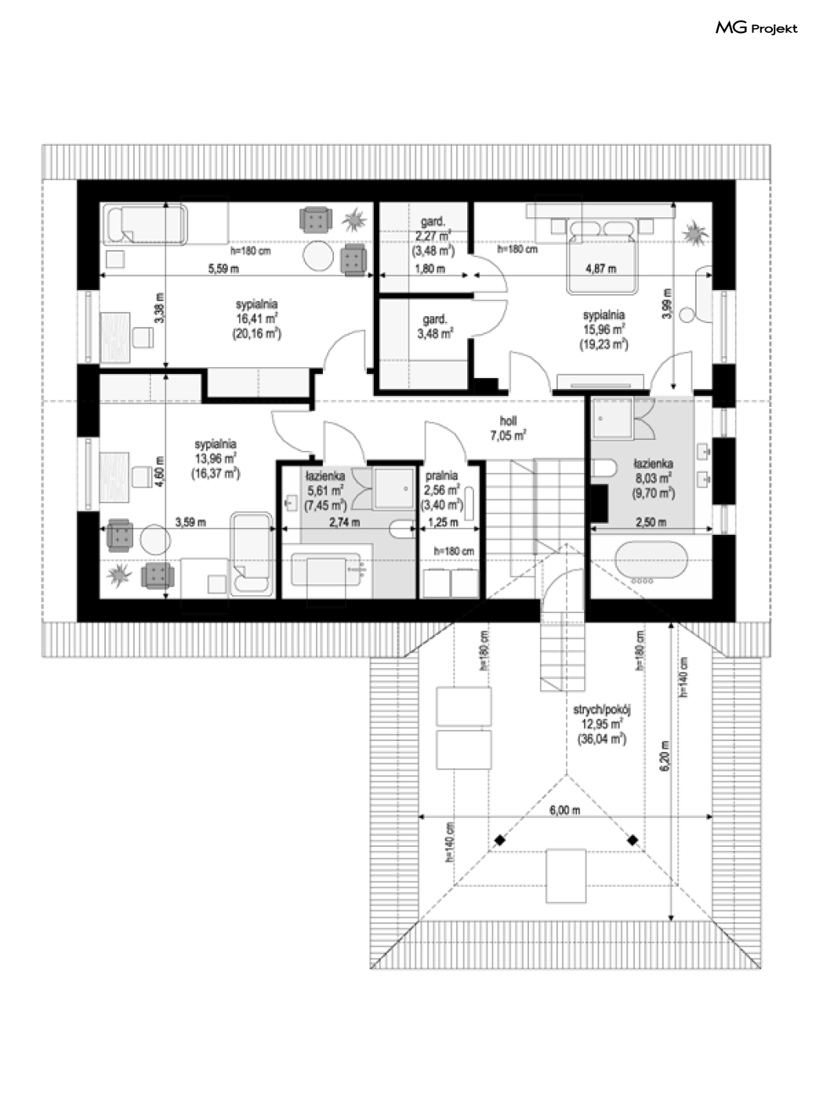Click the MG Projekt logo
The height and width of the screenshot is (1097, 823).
pyautogui.click(x=756, y=28)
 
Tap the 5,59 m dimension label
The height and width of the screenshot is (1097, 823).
pyautogui.click(x=223, y=269)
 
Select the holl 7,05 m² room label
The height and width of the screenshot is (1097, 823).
pyautogui.click(x=508, y=428)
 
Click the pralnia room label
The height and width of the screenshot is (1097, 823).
pyautogui.click(x=441, y=476)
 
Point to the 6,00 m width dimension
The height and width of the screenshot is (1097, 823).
pyautogui.click(x=565, y=810)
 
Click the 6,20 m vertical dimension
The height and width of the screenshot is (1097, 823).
pyautogui.click(x=664, y=755)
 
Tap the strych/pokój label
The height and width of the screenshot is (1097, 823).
pyautogui.click(x=602, y=710)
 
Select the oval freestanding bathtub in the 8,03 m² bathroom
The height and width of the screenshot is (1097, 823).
pyautogui.click(x=651, y=561)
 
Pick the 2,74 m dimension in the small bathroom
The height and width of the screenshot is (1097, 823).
pyautogui.click(x=344, y=523)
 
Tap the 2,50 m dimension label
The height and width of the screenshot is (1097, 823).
pyautogui.click(x=651, y=523)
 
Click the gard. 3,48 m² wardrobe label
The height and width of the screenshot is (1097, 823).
pyautogui.click(x=436, y=326)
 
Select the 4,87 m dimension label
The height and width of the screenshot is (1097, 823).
pyautogui.click(x=600, y=269)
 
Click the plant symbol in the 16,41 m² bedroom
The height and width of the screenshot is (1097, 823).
pyautogui.click(x=354, y=220)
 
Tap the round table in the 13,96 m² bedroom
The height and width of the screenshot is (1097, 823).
pyautogui.click(x=155, y=539)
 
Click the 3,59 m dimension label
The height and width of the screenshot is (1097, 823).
pyautogui.click(x=190, y=523)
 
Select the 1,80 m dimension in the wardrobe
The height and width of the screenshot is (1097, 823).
pyautogui.click(x=430, y=269)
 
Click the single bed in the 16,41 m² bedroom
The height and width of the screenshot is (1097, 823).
pyautogui.click(x=146, y=224)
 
